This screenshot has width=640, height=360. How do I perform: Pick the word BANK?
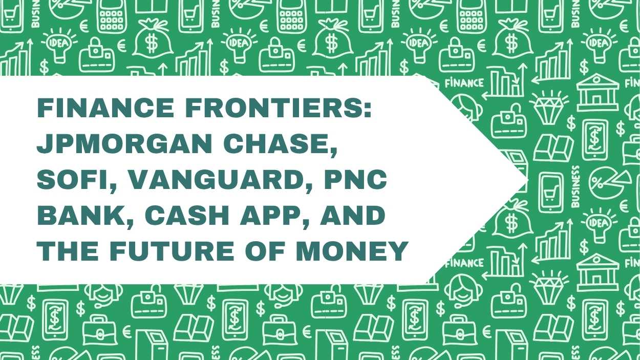pyautogui.click(x=77, y=216)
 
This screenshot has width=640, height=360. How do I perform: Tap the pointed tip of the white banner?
pyautogui.click(x=526, y=180)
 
